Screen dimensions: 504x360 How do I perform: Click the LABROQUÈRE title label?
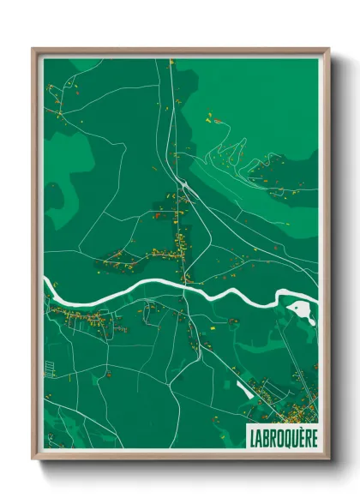coord(282,436)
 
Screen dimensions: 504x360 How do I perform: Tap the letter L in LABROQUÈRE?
coord(253,436)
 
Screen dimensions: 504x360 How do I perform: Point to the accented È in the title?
coord(299,436)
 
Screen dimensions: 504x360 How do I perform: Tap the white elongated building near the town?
coord(243,391)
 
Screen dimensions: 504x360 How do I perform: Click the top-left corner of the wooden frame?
coord(33,49)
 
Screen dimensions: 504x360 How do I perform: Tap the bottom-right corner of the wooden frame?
coord(328,459)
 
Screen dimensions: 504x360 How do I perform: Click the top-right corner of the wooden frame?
coord(328,49)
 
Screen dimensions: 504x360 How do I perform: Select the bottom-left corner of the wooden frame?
coord(33,459)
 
